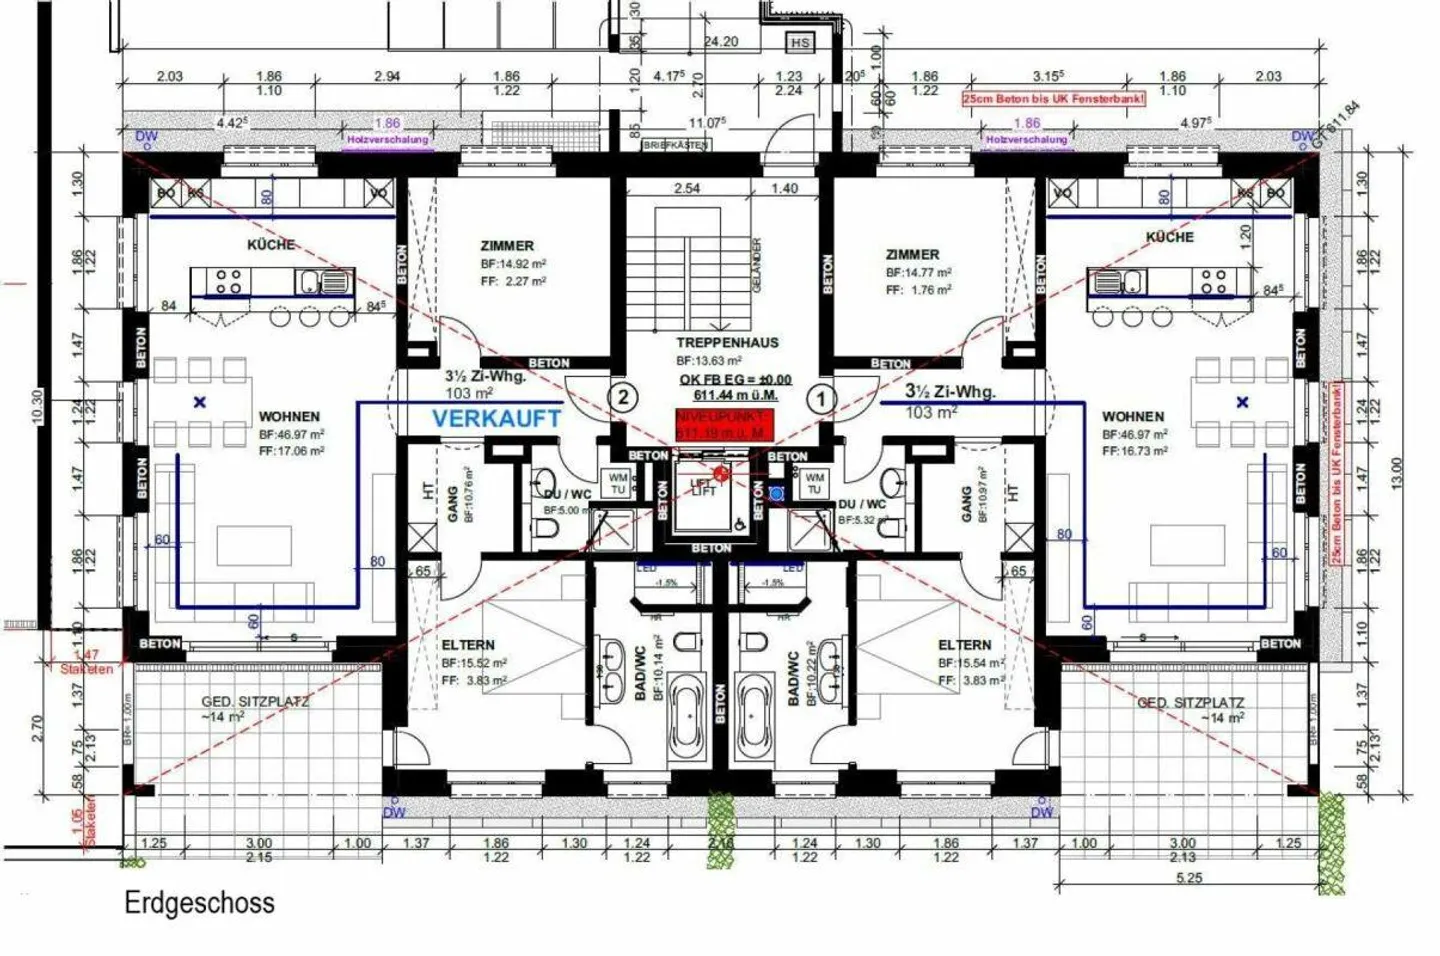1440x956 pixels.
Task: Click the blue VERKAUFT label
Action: point(496,420)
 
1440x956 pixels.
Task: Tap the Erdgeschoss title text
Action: point(199,902)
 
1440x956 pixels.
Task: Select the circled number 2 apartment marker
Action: point(623,397)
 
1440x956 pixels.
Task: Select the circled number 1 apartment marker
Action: point(821,399)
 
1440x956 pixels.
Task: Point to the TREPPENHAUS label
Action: point(726,342)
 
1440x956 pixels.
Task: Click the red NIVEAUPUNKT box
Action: point(723,424)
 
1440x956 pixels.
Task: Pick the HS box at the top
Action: point(800,44)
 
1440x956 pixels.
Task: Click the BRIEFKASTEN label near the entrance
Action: point(676,145)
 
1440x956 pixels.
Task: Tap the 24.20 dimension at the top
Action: point(721,42)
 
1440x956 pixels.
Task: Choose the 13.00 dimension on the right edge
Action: point(1397,472)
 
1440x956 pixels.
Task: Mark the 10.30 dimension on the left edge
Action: point(37,408)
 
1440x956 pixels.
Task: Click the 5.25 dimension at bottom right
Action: point(1189,877)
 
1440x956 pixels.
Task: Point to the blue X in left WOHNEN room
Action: point(200,402)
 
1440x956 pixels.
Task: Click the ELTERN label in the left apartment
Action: point(468,645)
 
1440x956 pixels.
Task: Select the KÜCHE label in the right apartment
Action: point(1169,237)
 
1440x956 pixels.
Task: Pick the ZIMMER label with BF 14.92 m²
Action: point(507,246)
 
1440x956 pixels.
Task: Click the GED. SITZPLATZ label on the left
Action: point(255,701)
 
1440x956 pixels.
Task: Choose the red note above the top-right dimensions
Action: point(1053,99)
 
